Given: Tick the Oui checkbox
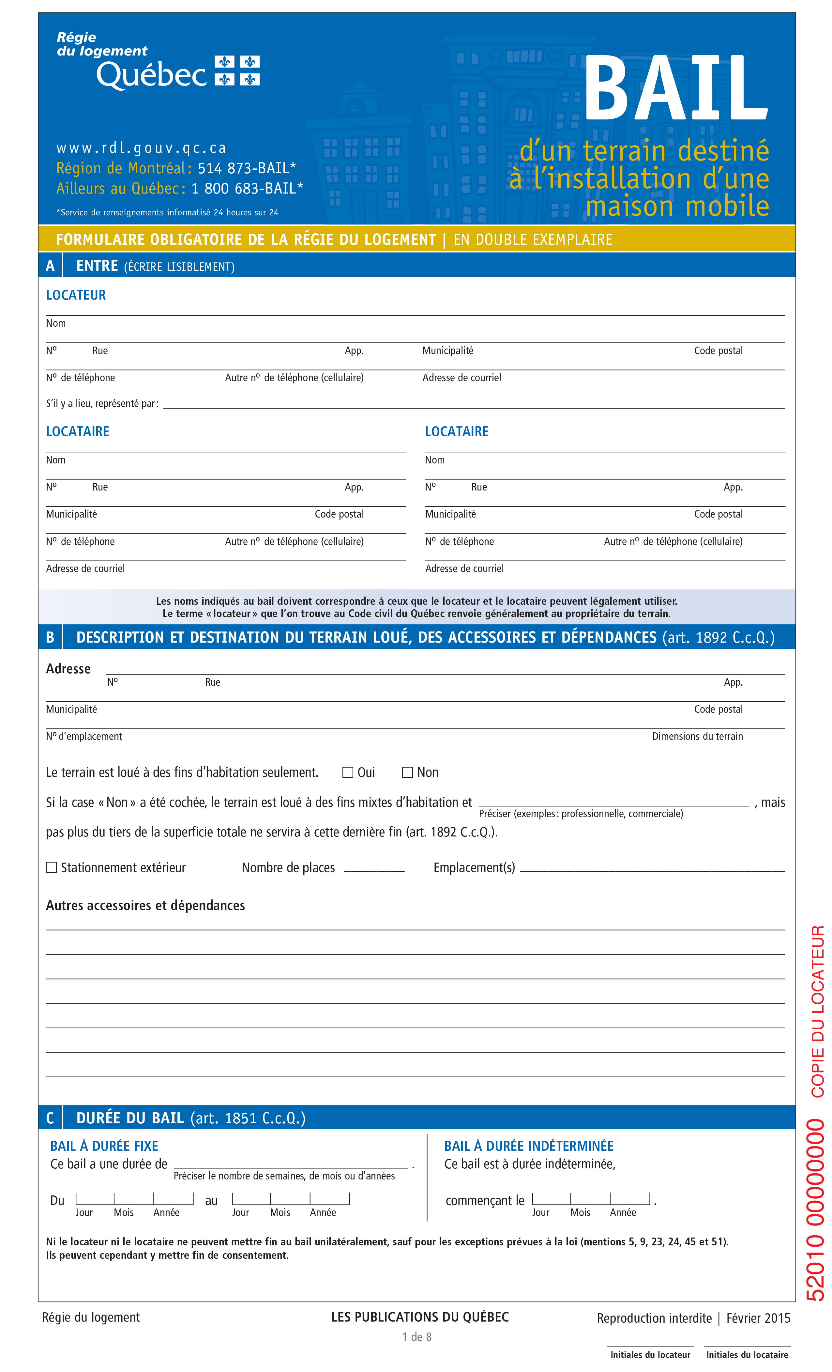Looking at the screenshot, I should click(348, 772).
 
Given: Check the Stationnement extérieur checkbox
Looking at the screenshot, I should click(51, 867).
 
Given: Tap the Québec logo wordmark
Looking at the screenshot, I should click(151, 75).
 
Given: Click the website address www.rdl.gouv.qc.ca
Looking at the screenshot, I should click(141, 148).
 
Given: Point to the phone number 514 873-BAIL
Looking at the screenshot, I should click(247, 168).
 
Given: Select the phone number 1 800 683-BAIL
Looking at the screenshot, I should click(247, 189).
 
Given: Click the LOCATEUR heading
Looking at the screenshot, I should click(76, 295).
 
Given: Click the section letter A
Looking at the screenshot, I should click(50, 266).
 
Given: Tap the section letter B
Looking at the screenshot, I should click(50, 637).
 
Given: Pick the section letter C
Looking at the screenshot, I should click(50, 1118).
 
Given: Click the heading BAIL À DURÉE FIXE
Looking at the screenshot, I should click(104, 1146).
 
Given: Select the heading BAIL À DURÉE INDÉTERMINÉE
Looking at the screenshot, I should click(529, 1146).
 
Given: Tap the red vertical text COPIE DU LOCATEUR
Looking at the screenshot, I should click(817, 1011).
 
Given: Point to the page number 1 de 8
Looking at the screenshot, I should click(417, 1337).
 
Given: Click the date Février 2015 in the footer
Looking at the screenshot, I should click(758, 1318).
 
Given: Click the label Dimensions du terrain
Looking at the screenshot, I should click(697, 736).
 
